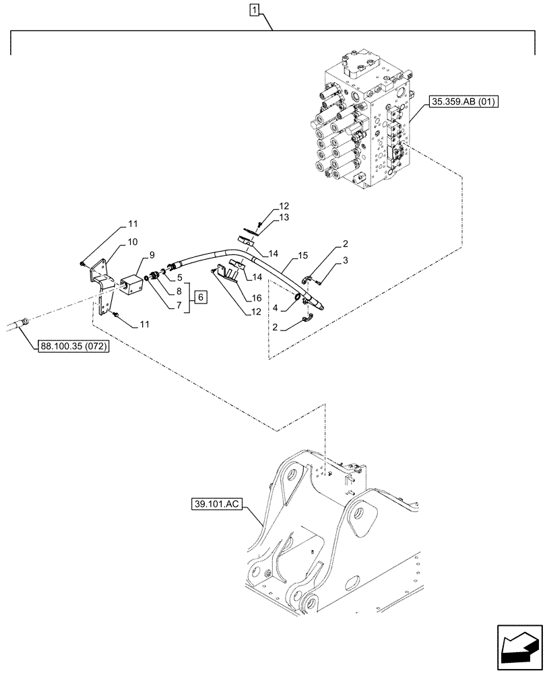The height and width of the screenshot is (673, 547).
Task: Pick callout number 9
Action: [x=152, y=254]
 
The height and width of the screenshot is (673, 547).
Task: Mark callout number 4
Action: [x=276, y=309]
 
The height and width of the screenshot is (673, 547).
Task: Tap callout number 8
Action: [x=179, y=291]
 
